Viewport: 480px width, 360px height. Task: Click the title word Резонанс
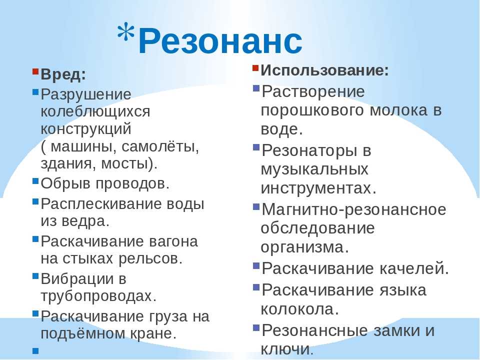click(220, 40)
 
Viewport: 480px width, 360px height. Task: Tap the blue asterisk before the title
click(126, 33)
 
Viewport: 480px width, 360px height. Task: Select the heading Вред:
click(63, 74)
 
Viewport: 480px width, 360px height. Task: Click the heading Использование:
click(324, 70)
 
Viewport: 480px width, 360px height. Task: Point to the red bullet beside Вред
click(35, 72)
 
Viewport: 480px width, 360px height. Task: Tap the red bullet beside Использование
click(256, 68)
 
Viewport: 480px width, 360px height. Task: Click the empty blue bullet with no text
click(35, 351)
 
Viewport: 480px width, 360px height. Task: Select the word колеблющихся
click(95, 111)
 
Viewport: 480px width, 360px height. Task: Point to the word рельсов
click(150, 258)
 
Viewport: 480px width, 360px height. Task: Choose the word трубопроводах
click(98, 296)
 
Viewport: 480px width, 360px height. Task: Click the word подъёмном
click(83, 333)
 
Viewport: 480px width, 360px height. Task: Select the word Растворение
click(313, 91)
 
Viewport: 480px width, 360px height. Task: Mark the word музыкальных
click(314, 169)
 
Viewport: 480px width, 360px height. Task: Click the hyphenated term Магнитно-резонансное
click(354, 209)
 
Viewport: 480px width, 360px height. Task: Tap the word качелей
click(414, 268)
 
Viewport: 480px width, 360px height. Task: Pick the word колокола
click(299, 309)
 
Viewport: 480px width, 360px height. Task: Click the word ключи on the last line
click(287, 349)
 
